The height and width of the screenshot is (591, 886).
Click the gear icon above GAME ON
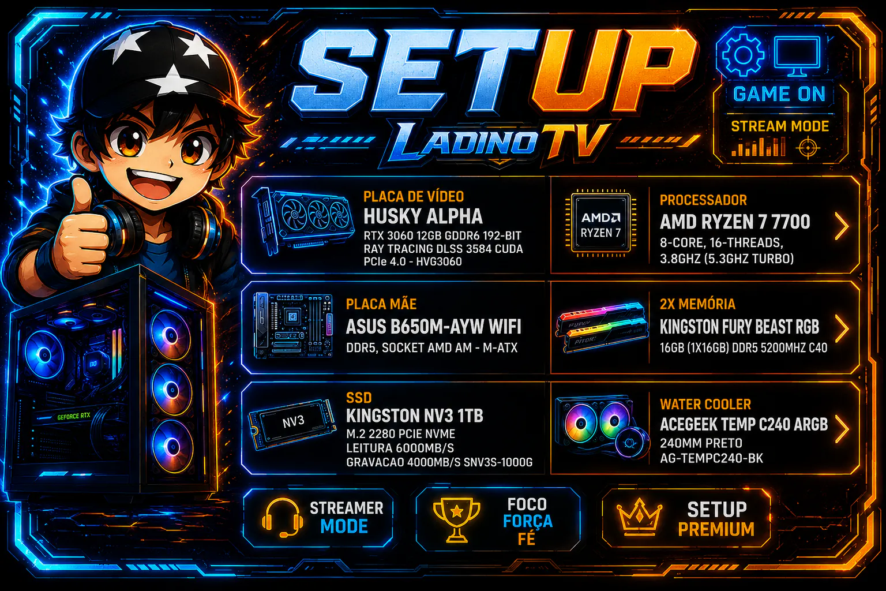tap(743, 55)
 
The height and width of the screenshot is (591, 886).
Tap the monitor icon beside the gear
tap(797, 55)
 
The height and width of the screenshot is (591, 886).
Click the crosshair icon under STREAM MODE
tap(808, 148)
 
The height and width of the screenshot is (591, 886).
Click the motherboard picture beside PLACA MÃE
tap(292, 326)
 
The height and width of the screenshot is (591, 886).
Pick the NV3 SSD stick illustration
tap(292, 424)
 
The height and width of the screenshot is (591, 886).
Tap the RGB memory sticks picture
tap(602, 327)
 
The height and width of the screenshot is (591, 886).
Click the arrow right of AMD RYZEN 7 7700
tap(842, 226)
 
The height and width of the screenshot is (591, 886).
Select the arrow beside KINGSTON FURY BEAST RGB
tap(842, 328)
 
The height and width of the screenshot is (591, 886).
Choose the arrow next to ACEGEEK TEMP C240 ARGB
tap(842, 429)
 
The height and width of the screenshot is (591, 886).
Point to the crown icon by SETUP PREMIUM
tap(640, 515)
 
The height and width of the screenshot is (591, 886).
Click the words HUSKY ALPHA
tap(423, 216)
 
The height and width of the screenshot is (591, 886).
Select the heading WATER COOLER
tap(705, 404)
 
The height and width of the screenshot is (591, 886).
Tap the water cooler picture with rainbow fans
tap(602, 428)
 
